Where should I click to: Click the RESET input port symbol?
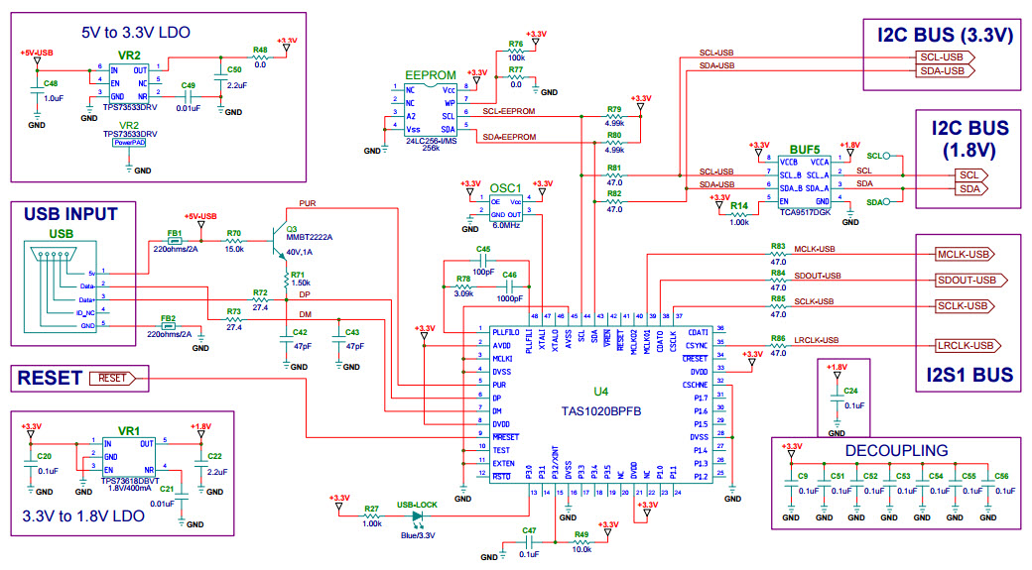click(117, 378)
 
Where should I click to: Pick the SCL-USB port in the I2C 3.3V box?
click(941, 57)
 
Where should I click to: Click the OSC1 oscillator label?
click(505, 186)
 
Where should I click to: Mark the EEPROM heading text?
click(430, 75)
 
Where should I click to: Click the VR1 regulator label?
click(129, 432)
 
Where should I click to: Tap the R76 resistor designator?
click(515, 45)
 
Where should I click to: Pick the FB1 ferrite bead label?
click(174, 233)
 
